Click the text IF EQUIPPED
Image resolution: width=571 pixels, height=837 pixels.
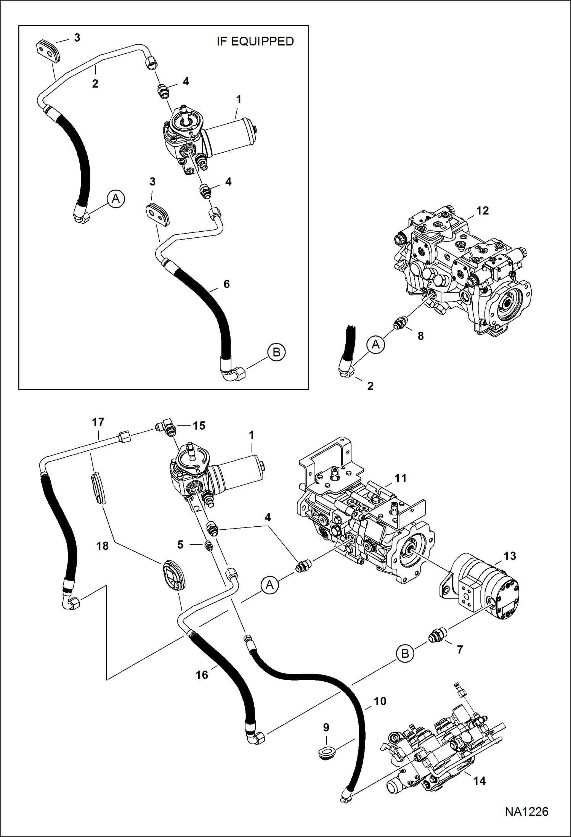click(255, 41)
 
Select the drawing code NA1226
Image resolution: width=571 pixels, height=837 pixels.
click(526, 811)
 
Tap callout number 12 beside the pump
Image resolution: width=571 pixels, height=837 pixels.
click(482, 211)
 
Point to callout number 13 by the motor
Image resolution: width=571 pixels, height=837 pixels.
click(509, 556)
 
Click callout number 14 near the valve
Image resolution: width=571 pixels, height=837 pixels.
click(479, 781)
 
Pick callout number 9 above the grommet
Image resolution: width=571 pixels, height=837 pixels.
click(326, 727)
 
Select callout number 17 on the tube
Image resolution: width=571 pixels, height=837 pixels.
click(98, 422)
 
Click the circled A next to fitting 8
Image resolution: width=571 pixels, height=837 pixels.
click(376, 345)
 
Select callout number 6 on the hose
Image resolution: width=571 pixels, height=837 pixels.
click(226, 284)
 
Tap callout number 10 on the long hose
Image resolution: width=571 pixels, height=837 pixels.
click(380, 701)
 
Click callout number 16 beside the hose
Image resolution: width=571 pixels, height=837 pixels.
click(202, 675)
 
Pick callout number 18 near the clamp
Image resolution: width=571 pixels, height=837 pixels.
click(102, 546)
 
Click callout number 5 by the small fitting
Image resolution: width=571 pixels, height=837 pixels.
click(180, 545)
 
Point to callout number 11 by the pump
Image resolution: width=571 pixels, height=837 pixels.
click(400, 478)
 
